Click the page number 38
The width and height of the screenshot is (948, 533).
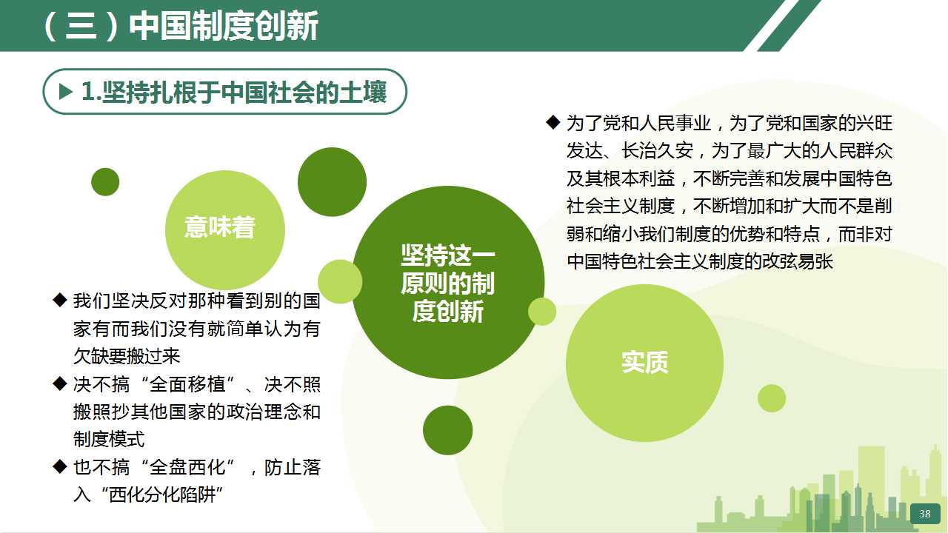pos(925,514)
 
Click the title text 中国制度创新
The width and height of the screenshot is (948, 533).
pos(224,26)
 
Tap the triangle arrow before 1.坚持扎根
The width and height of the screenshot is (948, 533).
pos(66,91)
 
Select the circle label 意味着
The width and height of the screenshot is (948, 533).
pos(220,227)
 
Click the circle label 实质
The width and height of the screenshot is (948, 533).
pos(644,362)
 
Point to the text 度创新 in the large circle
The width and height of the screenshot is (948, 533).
pos(448,312)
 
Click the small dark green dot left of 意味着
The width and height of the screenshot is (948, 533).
pos(105,182)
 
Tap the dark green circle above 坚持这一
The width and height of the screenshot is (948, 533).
pos(333,182)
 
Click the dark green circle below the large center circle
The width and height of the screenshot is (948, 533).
pos(448,430)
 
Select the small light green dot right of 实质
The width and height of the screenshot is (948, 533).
pos(772,398)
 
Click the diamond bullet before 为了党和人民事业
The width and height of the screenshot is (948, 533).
pos(553,122)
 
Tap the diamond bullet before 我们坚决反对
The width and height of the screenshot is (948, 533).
pos(60,300)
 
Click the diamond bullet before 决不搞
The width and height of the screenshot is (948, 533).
pos(60,383)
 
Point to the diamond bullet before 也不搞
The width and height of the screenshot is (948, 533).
pos(60,466)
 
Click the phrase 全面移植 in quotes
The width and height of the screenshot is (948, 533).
pos(187,384)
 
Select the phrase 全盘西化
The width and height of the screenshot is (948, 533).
pos(187,467)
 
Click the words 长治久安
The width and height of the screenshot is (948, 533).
pos(657,150)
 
